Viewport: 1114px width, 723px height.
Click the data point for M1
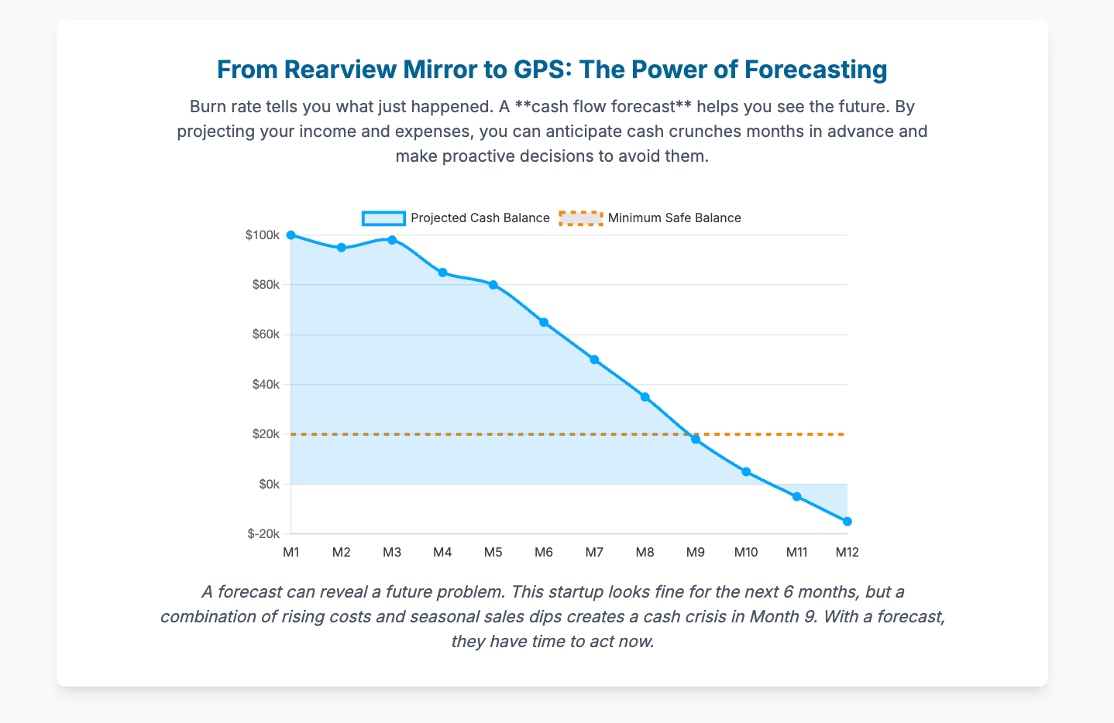291,235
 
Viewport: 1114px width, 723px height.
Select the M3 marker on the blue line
392,240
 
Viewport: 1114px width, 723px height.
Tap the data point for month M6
544,322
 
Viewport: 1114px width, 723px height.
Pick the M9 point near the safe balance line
696,440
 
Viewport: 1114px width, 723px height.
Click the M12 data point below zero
847,522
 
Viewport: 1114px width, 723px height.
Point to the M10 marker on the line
746,471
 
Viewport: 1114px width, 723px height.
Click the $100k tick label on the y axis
262,235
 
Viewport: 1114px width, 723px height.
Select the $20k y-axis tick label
265,434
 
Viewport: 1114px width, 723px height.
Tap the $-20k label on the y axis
263,534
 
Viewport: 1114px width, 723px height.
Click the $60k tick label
265,334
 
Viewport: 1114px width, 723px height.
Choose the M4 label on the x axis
442,553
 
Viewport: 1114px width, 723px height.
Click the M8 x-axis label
645,553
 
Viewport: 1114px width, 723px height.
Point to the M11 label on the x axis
796,553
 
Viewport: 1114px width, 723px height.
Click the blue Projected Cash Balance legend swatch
383,218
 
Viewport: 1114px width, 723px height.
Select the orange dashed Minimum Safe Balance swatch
580,218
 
